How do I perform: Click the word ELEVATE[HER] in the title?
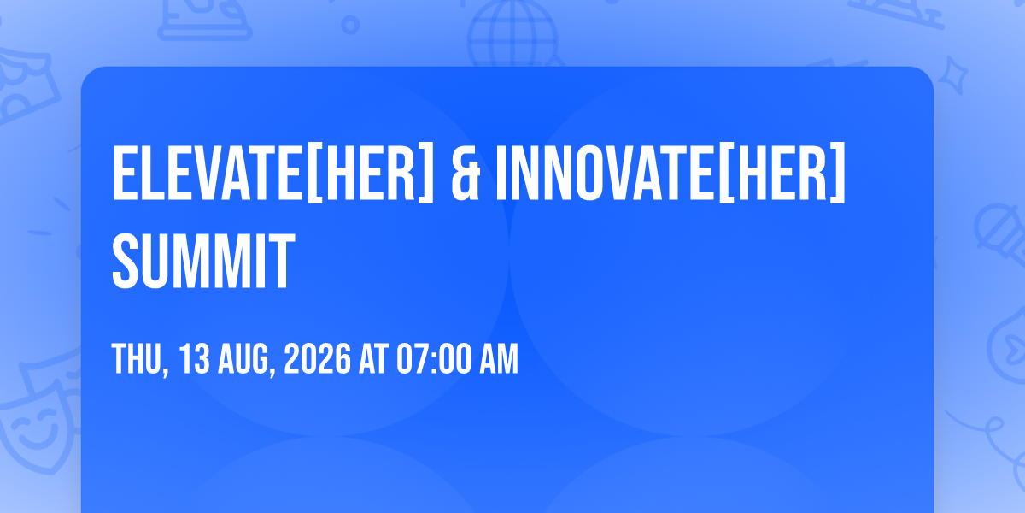click(x=272, y=172)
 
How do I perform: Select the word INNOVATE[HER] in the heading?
click(x=671, y=172)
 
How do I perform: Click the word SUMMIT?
click(x=203, y=261)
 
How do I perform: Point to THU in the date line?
click(x=137, y=358)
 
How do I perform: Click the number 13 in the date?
click(x=194, y=358)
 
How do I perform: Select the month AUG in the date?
click(x=242, y=358)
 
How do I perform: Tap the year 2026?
click(x=317, y=358)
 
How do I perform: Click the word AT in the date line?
click(x=373, y=358)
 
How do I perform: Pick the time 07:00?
click(x=434, y=358)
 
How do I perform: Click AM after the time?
click(x=499, y=358)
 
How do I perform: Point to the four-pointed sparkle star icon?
click(x=952, y=76)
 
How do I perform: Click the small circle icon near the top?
click(x=350, y=25)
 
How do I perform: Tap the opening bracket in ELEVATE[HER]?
click(x=313, y=173)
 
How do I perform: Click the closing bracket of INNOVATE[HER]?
click(x=838, y=173)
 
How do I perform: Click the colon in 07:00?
click(x=435, y=361)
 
